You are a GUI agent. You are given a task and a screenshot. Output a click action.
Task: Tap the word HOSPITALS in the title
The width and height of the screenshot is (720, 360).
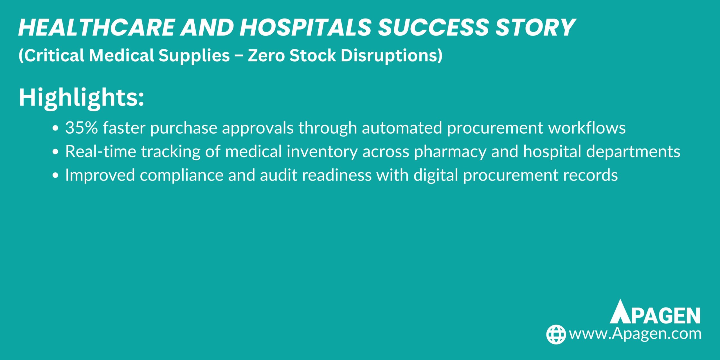(305, 28)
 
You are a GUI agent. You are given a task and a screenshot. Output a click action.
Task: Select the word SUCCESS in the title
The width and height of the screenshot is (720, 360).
(433, 28)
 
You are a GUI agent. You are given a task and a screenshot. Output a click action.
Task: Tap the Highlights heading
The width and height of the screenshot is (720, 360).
(81, 98)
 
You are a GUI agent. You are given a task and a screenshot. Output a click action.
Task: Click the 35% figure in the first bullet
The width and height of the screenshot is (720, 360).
(82, 128)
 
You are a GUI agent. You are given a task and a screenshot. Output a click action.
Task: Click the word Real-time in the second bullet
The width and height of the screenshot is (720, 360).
(101, 151)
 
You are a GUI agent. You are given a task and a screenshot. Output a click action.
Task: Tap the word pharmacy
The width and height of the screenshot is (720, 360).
(450, 152)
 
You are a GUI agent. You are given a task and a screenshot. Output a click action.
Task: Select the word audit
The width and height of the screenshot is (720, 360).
(278, 175)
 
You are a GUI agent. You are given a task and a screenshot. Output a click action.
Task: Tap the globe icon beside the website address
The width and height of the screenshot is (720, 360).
(556, 334)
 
